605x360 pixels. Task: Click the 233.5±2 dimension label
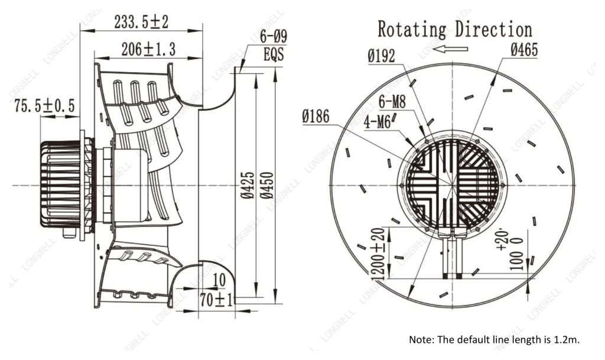pyautogui.click(x=141, y=22)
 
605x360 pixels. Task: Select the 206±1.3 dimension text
pyautogui.click(x=148, y=49)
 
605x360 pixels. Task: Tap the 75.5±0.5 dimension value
pyautogui.click(x=45, y=105)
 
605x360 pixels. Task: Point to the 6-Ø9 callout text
pyautogui.click(x=273, y=37)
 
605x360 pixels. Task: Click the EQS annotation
pyautogui.click(x=274, y=54)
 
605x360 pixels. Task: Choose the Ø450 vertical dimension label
pyautogui.click(x=267, y=185)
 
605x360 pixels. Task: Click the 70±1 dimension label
pyautogui.click(x=216, y=299)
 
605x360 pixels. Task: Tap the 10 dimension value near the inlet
pyautogui.click(x=219, y=280)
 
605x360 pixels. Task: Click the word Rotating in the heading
pyautogui.click(x=412, y=30)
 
